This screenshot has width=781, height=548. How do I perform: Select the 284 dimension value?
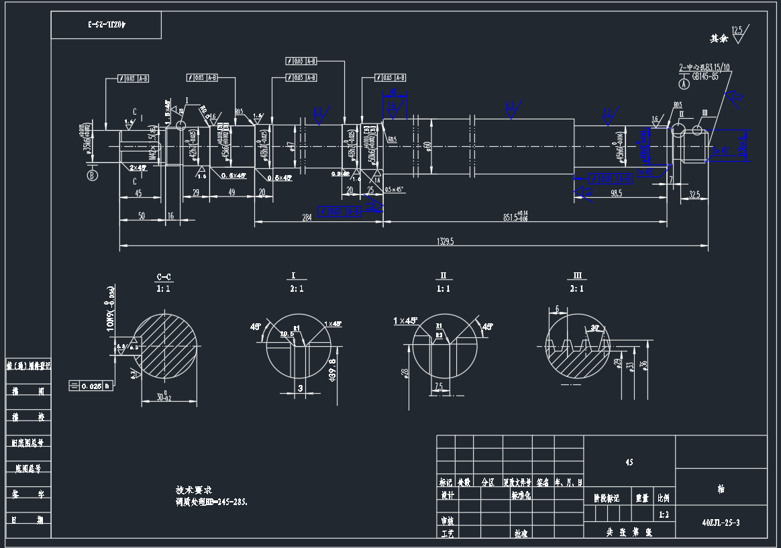click(307, 217)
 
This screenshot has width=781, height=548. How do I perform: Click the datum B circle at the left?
click(91, 176)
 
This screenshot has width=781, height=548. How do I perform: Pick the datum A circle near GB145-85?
click(684, 85)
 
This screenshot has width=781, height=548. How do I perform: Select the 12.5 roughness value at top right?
click(737, 30)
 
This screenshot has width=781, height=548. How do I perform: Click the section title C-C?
click(163, 276)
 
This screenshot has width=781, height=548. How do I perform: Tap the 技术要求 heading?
click(193, 490)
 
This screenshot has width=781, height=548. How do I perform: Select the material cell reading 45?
click(629, 462)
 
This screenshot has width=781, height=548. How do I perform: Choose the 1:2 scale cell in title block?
click(664, 514)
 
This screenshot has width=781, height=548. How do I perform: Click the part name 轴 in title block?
click(721, 490)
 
